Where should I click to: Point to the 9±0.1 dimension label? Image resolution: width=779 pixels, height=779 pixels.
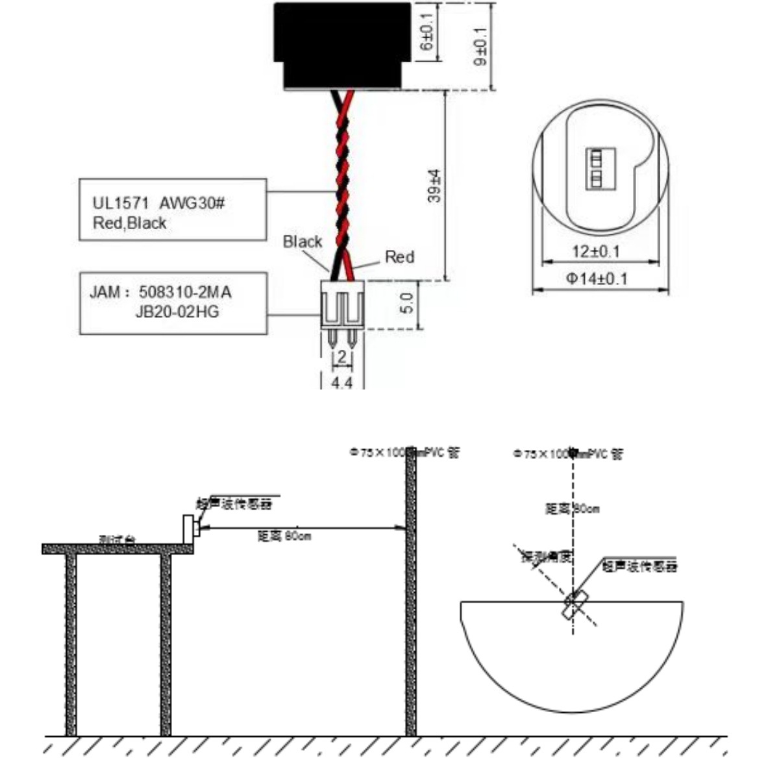click(481, 45)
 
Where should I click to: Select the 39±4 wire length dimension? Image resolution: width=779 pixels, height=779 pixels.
click(434, 186)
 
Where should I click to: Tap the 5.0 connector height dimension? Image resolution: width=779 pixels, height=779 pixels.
click(407, 304)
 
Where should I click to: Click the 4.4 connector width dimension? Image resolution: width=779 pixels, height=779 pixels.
click(341, 383)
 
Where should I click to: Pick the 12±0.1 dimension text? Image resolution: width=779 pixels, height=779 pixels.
click(596, 251)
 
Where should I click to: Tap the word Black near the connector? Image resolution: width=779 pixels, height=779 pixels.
click(303, 242)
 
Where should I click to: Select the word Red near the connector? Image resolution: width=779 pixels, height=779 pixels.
click(399, 257)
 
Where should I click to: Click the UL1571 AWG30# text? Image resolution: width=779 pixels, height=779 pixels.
click(158, 203)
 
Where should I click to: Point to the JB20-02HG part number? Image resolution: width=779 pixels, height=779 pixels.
click(177, 312)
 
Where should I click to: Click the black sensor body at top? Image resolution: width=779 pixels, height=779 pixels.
click(343, 45)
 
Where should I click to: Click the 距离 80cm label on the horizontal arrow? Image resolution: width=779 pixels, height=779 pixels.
click(284, 536)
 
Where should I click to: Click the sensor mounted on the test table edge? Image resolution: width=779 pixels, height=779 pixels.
click(190, 526)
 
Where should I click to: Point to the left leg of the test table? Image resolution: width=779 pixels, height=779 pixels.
click(71, 643)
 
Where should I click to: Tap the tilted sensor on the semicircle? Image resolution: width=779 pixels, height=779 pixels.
click(575, 603)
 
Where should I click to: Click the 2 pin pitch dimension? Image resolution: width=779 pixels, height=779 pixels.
click(341, 357)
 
